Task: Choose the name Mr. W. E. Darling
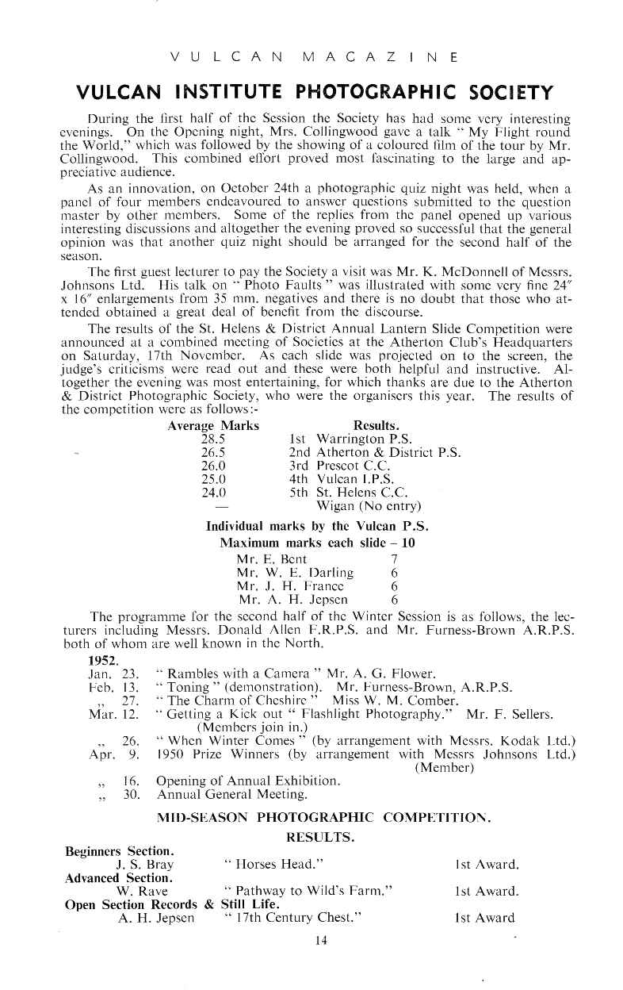click(295, 572)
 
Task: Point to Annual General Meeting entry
click(232, 794)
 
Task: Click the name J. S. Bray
click(145, 864)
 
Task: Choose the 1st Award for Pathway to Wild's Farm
click(487, 891)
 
